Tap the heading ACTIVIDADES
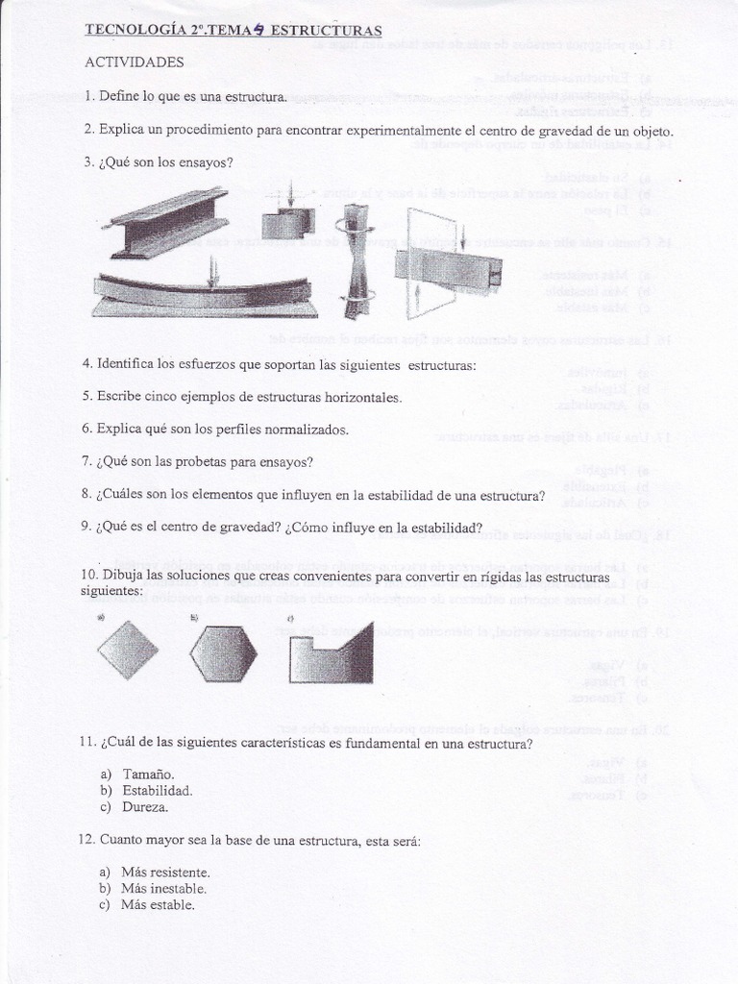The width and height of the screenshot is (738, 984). (134, 62)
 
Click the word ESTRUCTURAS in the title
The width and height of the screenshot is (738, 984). (327, 30)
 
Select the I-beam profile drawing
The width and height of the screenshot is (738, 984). (169, 223)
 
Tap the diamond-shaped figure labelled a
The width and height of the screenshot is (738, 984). (128, 651)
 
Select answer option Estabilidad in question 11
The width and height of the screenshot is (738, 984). (157, 791)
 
